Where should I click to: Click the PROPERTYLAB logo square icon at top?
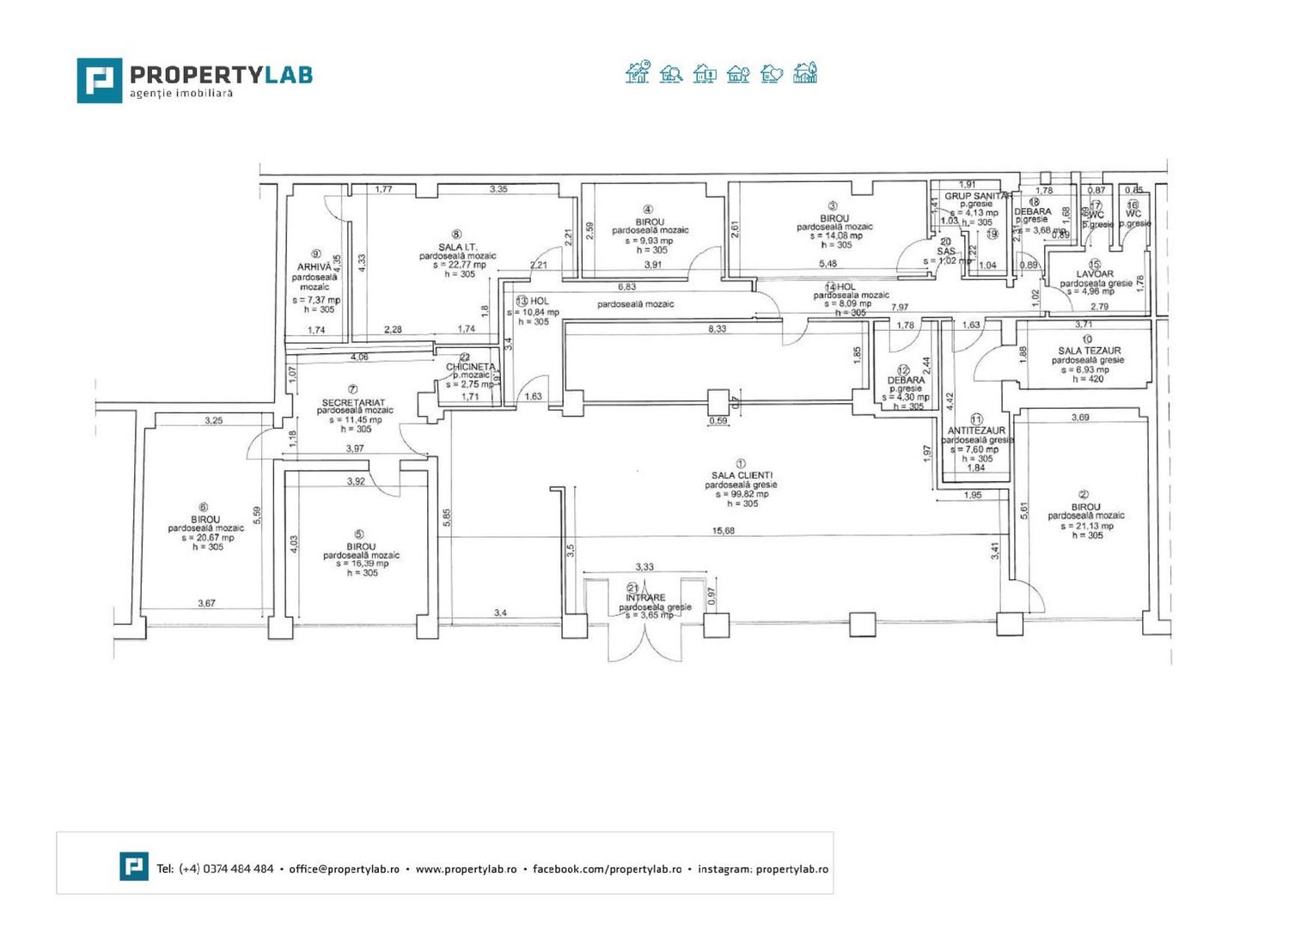(100, 81)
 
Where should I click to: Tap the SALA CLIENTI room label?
(742, 475)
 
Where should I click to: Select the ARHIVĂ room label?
(314, 267)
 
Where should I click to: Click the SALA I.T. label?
(457, 247)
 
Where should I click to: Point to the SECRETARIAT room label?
(353, 402)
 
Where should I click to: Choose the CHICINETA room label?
(470, 367)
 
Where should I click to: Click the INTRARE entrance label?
(645, 597)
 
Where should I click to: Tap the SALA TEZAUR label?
(1089, 351)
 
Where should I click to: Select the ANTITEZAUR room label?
(976, 430)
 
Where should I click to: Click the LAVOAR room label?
(1094, 274)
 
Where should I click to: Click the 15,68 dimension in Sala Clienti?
(724, 531)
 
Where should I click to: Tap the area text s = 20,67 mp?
(206, 538)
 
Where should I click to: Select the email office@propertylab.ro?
(344, 869)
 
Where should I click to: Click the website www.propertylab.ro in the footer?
(466, 869)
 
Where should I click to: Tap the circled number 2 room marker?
(1084, 494)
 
